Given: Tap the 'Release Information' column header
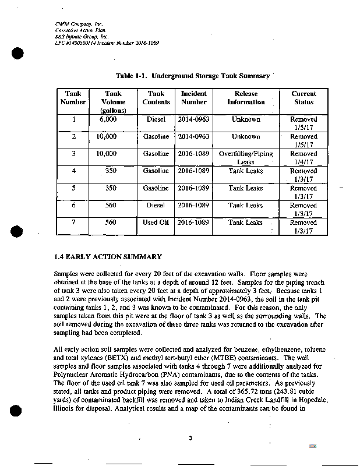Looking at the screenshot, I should [x=246, y=98].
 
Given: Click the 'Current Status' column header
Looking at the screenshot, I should [x=303, y=98].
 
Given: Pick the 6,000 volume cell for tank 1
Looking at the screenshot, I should [x=108, y=119].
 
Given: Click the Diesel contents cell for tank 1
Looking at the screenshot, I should [x=156, y=119].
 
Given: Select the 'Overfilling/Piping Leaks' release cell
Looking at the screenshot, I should [x=246, y=158].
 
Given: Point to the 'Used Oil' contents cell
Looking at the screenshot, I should [x=156, y=223].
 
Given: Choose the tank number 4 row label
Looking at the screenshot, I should [x=73, y=171].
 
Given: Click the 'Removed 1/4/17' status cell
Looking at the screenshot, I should [x=303, y=158].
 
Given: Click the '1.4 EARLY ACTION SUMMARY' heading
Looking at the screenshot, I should [x=107, y=257].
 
